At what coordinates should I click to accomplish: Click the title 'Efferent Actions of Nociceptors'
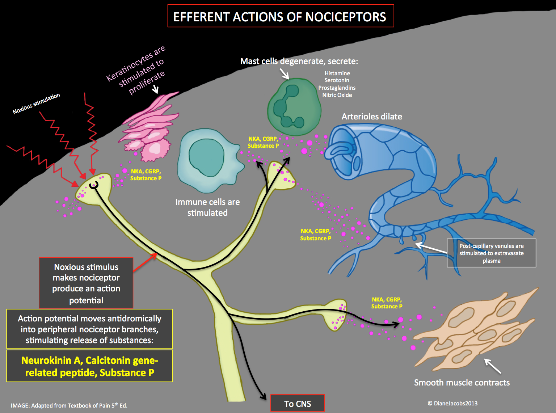(280, 17)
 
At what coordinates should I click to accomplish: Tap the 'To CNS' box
(298, 404)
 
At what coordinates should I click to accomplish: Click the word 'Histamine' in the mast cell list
(337, 73)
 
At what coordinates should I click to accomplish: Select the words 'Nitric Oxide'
(337, 95)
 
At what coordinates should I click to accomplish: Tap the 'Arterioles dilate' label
(372, 117)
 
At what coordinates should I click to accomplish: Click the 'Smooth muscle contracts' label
(462, 383)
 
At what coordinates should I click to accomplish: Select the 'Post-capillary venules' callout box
(491, 253)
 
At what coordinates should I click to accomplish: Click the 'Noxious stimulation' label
(36, 104)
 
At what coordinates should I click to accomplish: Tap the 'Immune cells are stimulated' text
(207, 207)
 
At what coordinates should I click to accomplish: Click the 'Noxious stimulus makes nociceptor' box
(86, 283)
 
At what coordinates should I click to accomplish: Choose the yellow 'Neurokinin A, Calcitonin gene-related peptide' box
(89, 366)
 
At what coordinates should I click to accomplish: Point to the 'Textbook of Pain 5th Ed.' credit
(69, 405)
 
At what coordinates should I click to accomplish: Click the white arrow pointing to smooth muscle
(493, 366)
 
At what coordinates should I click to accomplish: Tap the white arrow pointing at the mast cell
(284, 73)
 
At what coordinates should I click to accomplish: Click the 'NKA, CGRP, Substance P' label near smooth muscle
(387, 303)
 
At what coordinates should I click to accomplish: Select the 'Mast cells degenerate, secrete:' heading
(299, 61)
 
